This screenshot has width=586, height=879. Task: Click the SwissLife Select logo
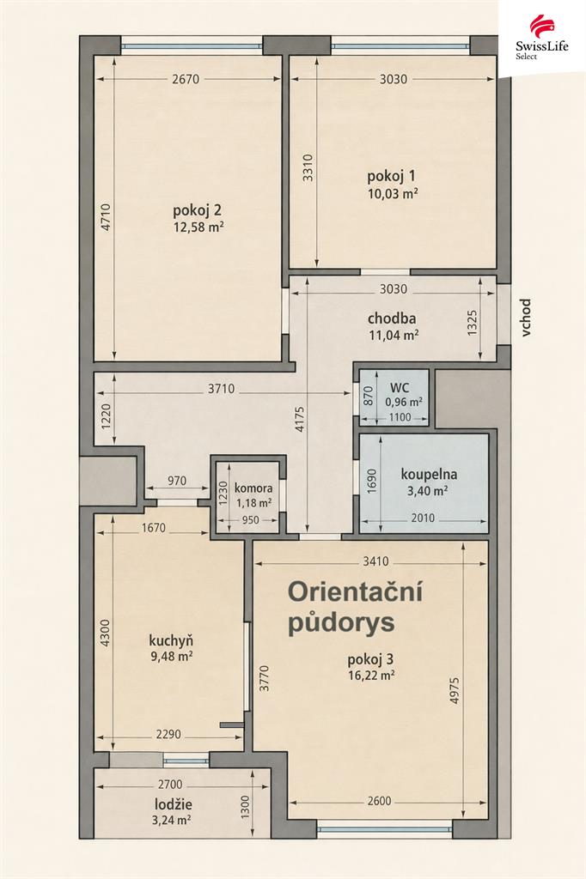click(541, 38)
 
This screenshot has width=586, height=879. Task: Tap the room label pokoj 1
click(392, 177)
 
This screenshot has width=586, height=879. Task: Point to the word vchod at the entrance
click(525, 318)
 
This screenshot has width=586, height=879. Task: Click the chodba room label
click(392, 318)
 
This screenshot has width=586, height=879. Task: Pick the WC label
click(400, 387)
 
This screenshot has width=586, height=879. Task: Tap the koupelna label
click(429, 474)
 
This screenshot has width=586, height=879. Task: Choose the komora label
click(253, 488)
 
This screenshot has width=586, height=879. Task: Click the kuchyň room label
click(171, 640)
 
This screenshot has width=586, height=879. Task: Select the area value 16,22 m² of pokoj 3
click(371, 676)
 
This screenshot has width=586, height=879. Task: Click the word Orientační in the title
click(355, 592)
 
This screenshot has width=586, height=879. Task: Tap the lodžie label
click(174, 804)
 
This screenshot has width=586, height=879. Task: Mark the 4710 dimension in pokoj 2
click(107, 217)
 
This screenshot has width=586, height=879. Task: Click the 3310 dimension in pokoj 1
click(308, 167)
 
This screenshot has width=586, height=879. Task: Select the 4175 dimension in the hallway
click(299, 420)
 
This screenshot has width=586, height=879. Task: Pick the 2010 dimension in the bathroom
click(423, 518)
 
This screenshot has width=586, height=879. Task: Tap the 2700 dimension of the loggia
click(170, 785)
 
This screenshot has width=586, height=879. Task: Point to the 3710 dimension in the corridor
click(221, 389)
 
